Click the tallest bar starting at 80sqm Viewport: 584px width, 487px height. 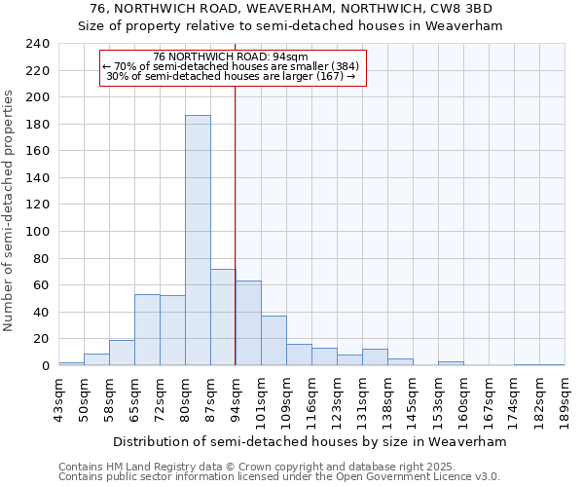pos(198,241)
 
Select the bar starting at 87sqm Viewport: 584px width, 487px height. pos(223,318)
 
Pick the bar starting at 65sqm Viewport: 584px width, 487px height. pos(147,330)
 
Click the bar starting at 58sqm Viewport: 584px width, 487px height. pos(122,353)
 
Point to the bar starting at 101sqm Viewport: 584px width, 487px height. pos(274,341)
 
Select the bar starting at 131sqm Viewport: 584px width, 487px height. pos(375,357)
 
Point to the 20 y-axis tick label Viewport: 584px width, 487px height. pos(42,339)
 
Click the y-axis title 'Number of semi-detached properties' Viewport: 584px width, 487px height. pos(9,209)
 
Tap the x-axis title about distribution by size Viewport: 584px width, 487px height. pos(310,441)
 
